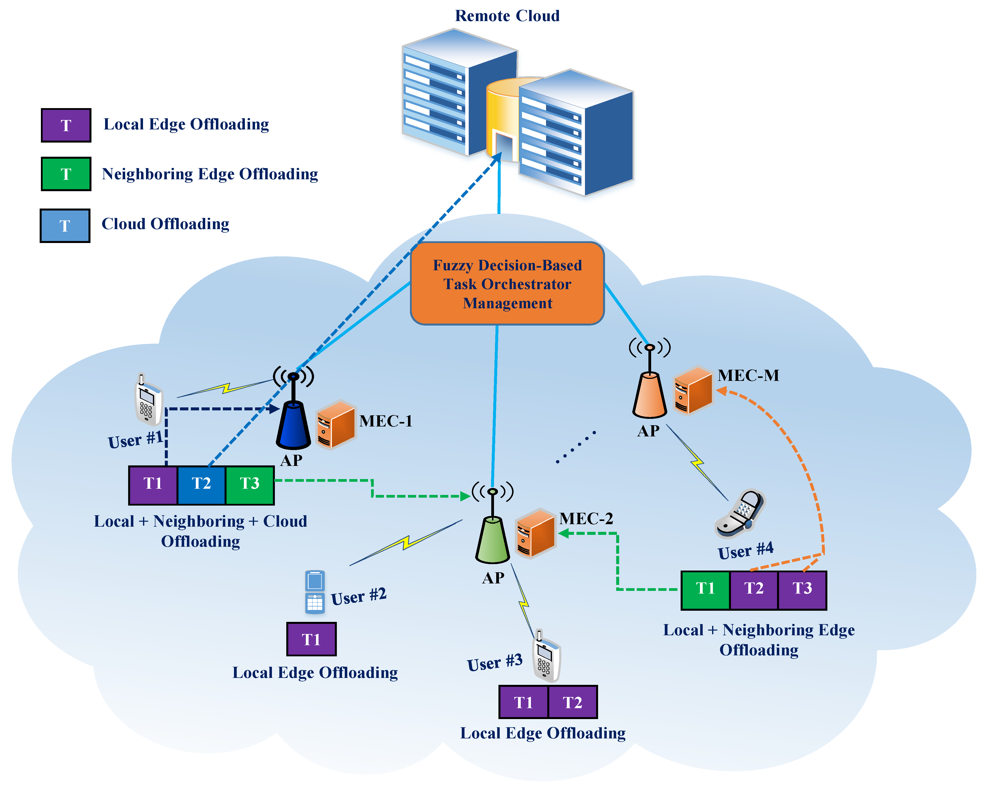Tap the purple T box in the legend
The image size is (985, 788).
tap(66, 125)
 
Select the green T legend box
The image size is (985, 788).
tap(66, 174)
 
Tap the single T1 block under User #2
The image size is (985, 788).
tap(311, 639)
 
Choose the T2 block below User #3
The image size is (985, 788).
tap(572, 702)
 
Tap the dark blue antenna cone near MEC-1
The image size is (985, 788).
tap(293, 425)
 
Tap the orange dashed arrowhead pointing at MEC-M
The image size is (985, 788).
tap(722, 391)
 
